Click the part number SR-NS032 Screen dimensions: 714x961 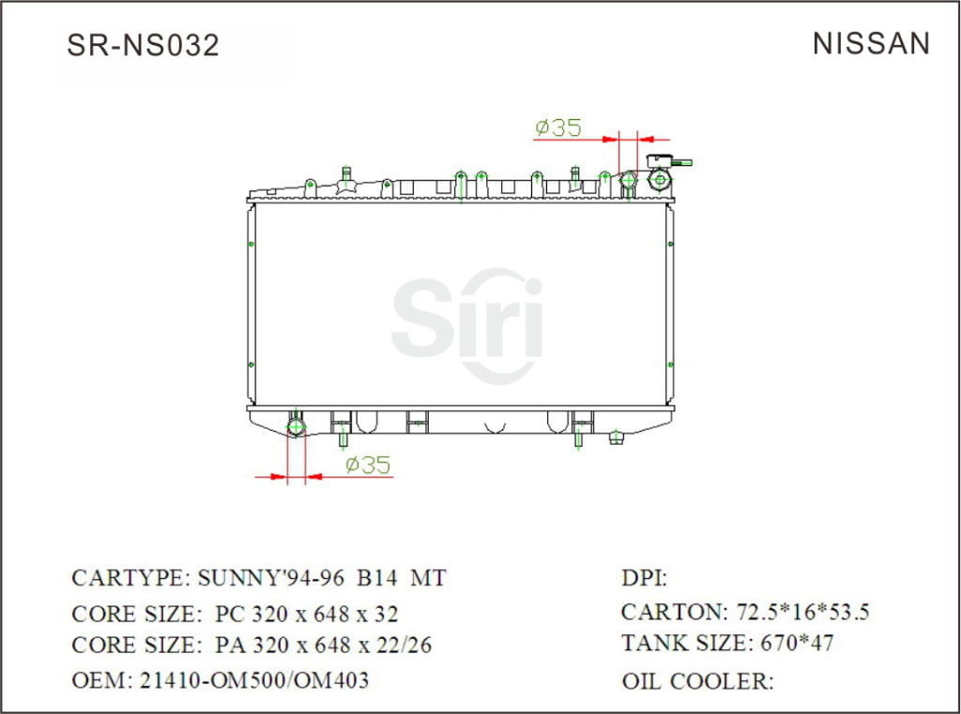click(143, 44)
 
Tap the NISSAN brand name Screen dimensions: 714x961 click(871, 43)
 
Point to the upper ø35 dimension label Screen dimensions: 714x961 click(558, 128)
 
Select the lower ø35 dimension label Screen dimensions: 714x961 click(367, 464)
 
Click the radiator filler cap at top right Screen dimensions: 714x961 click(661, 177)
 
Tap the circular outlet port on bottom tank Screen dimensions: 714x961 click(297, 428)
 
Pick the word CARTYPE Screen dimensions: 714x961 click(130, 577)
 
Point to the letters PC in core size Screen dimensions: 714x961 click(230, 614)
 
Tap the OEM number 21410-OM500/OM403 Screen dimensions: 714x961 click(253, 679)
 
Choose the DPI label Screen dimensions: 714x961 click(644, 578)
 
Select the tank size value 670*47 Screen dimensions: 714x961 click(793, 644)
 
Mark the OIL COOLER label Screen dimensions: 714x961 click(697, 681)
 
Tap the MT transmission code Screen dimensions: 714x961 click(429, 577)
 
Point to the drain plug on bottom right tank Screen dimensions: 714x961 click(617, 437)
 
